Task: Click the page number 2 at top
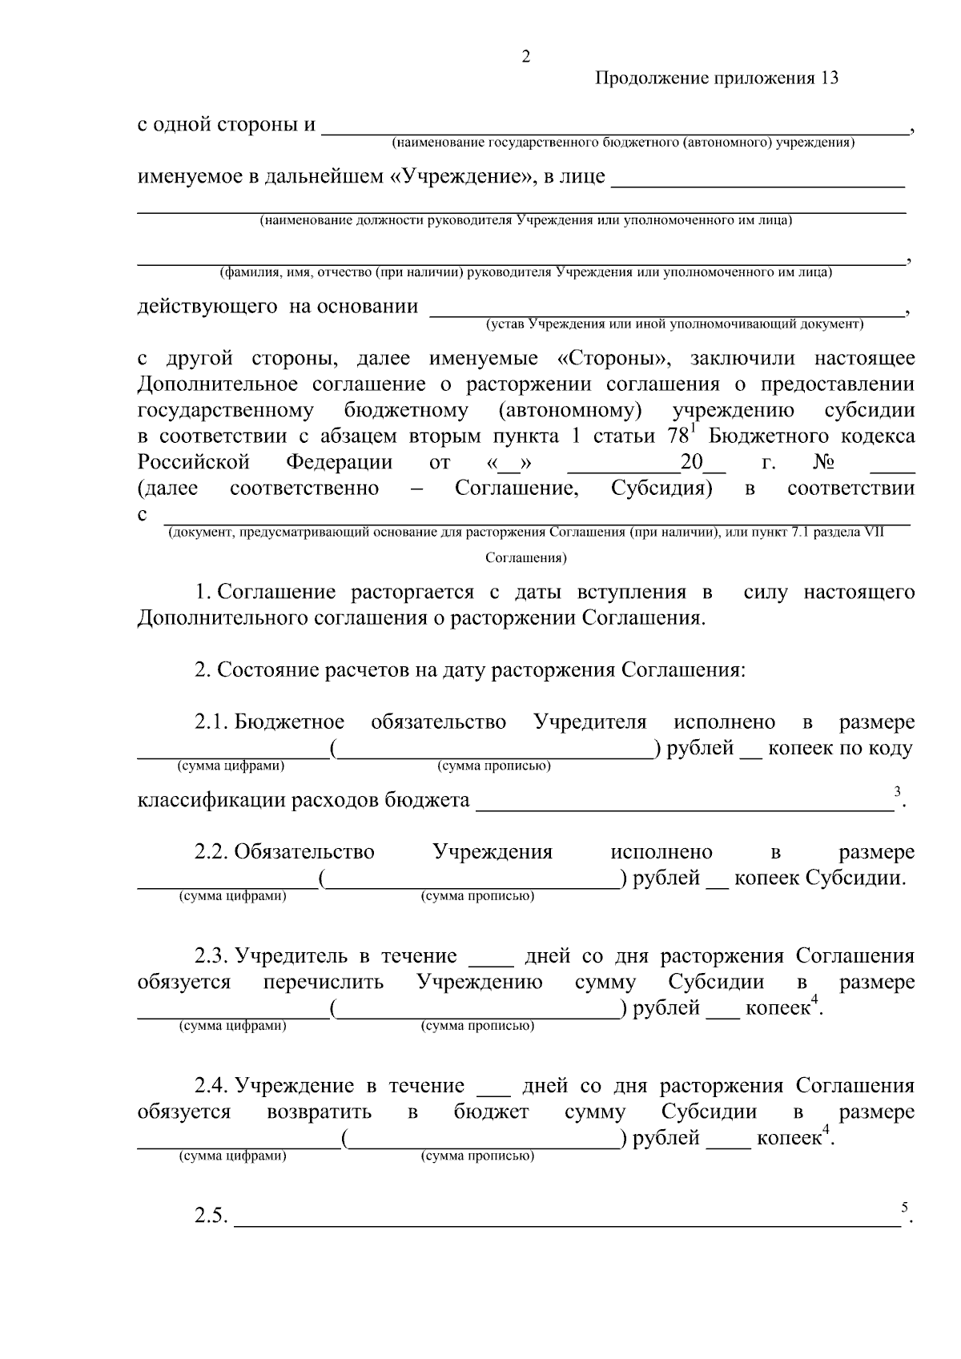pos(525,57)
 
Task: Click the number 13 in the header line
pos(829,78)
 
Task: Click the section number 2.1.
pos(211,722)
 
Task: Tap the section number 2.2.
pos(211,852)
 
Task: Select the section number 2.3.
pos(211,956)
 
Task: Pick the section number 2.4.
pos(211,1087)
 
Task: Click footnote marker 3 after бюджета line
pos(897,792)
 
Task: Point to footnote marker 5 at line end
pos(904,1207)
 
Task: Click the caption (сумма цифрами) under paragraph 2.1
pos(231,766)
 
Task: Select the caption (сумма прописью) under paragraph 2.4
pos(477,1156)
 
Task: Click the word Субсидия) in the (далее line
pos(661,489)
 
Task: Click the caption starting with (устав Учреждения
pos(674,324)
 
